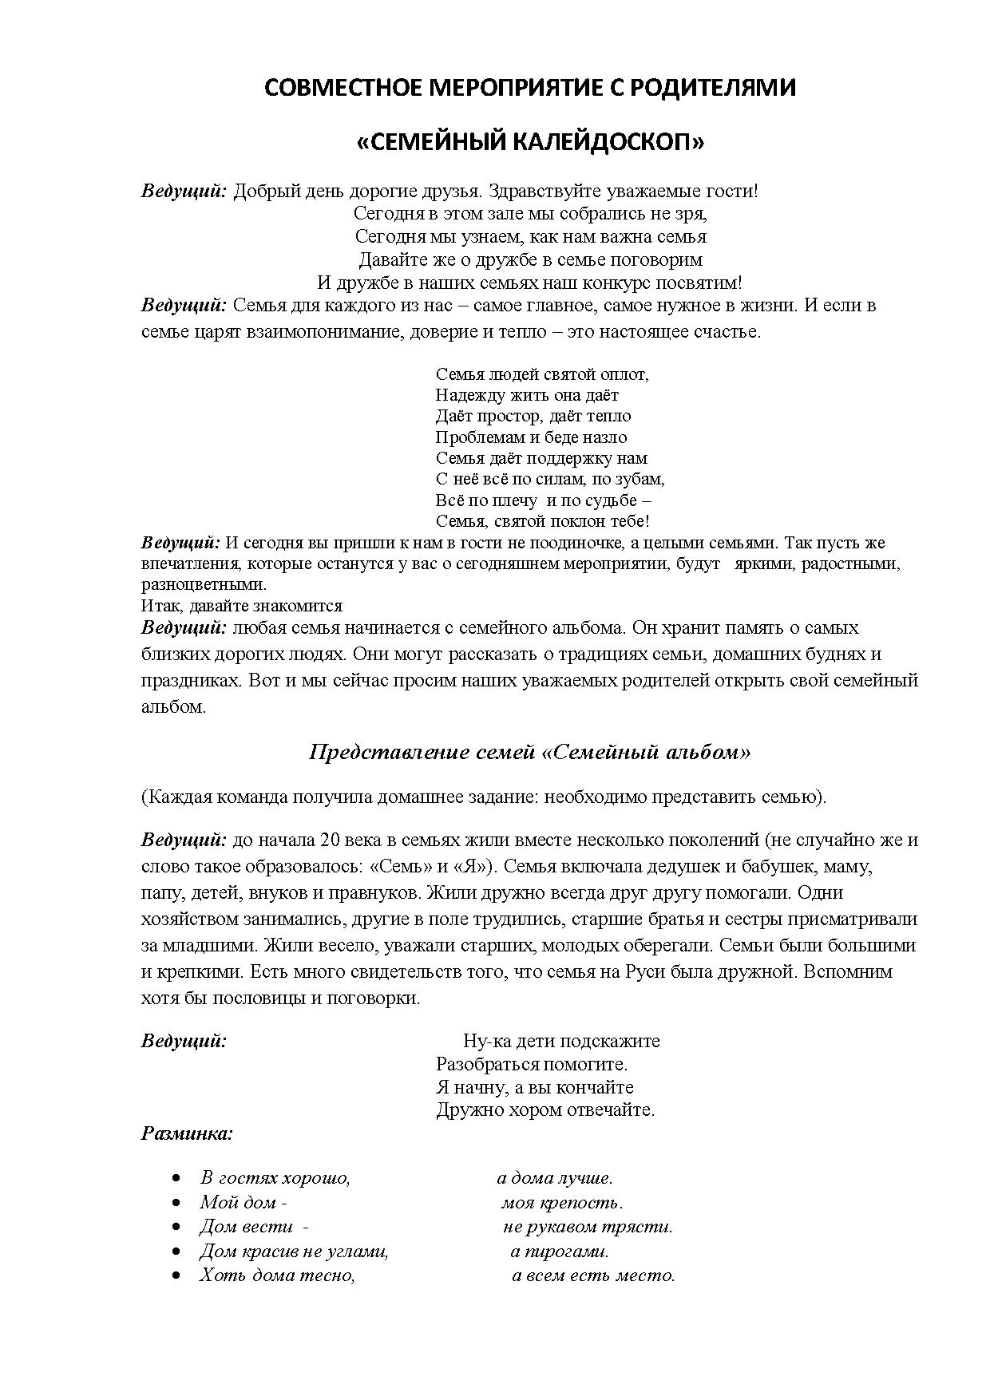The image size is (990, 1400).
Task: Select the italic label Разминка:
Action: click(187, 1133)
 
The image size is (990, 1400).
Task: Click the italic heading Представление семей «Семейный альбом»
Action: click(529, 753)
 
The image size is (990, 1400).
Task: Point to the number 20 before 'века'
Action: click(329, 840)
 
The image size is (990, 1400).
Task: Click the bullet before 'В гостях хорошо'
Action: click(176, 1178)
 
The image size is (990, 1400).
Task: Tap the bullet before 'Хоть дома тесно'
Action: click(176, 1275)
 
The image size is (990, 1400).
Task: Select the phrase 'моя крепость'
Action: click(562, 1203)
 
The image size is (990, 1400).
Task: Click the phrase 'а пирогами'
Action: click(560, 1252)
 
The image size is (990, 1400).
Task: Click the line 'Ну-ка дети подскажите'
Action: click(561, 1041)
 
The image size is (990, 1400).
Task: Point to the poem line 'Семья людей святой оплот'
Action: click(542, 374)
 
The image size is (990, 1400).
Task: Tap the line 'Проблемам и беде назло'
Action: click(531, 437)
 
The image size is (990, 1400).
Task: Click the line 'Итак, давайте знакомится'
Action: click(241, 606)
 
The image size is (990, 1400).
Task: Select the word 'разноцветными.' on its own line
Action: click(192, 585)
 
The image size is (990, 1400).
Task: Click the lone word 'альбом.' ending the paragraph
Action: click(173, 707)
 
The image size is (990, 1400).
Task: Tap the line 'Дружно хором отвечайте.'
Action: click(545, 1109)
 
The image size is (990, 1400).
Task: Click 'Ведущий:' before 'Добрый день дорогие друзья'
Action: click(184, 192)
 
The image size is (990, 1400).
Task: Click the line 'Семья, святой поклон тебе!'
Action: click(543, 521)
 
